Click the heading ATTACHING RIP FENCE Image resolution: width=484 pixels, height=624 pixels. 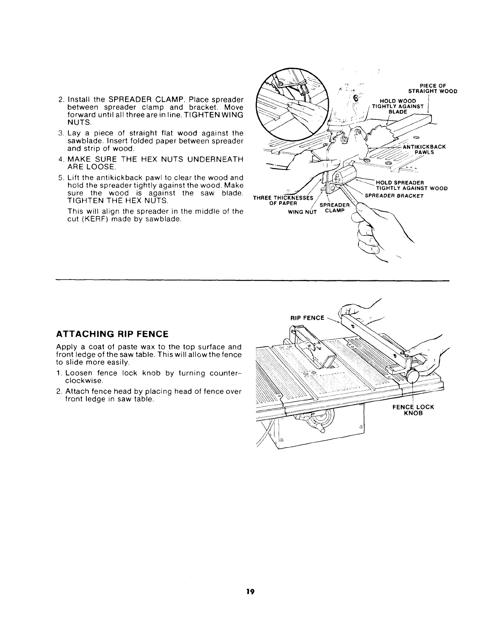pos(112,334)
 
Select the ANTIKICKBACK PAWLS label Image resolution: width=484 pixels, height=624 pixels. pos(424,150)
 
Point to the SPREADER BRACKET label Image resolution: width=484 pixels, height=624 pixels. pos(394,195)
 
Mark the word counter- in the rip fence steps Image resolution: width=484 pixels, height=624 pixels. pos(222,373)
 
